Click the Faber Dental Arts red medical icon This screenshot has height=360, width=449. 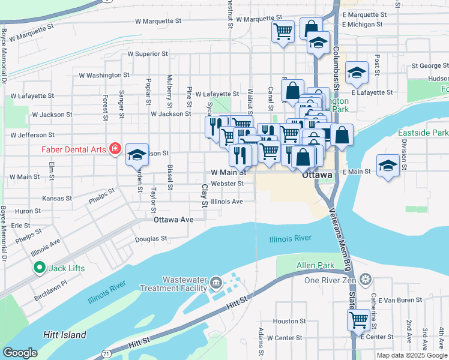(x=115, y=149)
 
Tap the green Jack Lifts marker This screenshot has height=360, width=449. (x=40, y=268)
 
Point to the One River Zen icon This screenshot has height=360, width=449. (x=366, y=280)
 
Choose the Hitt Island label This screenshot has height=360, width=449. (x=64, y=335)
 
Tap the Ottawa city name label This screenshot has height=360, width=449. (x=317, y=175)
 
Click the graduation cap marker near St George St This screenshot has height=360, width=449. (x=357, y=73)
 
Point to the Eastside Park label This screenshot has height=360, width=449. (x=422, y=133)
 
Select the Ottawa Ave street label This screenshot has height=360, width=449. (x=173, y=220)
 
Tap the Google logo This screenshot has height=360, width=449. (x=20, y=352)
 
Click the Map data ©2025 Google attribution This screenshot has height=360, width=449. (x=411, y=355)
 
